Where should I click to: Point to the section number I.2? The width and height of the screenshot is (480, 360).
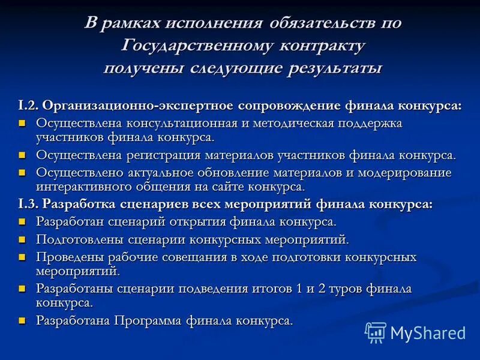[x=29, y=105]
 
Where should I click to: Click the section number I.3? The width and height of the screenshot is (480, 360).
[x=29, y=204]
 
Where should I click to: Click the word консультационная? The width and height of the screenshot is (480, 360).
[x=191, y=123]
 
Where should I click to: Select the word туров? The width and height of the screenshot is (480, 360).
[x=338, y=289]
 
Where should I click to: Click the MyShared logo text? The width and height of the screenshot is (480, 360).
[x=427, y=332]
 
